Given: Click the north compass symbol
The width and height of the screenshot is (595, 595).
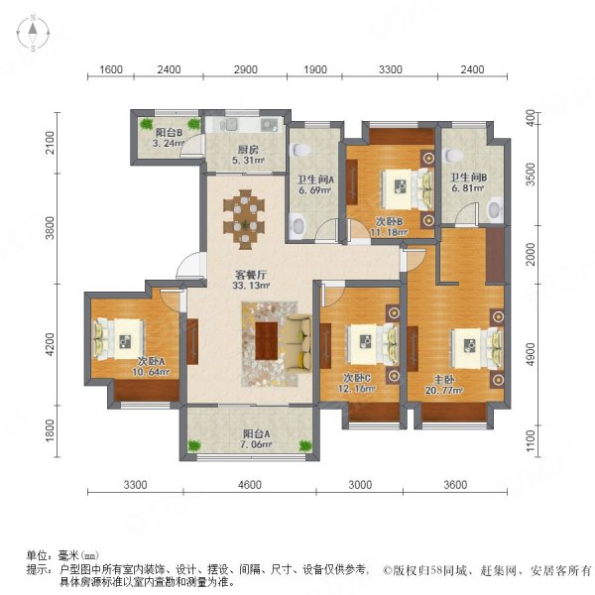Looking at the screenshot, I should pyautogui.click(x=32, y=33).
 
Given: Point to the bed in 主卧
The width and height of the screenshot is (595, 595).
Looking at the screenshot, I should pyautogui.click(x=470, y=348).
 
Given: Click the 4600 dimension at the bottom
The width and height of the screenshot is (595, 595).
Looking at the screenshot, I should pyautogui.click(x=248, y=485).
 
